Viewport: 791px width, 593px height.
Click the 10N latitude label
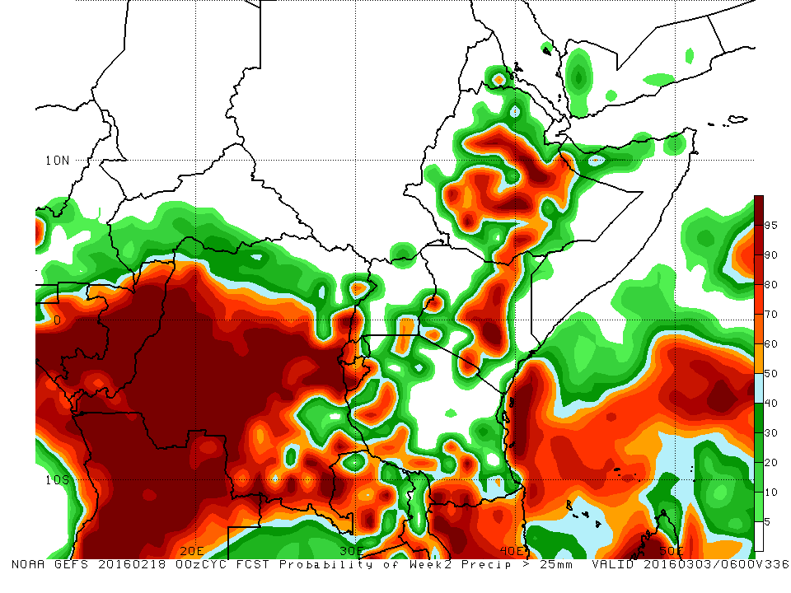[x=58, y=160]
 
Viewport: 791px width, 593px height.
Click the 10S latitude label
[x=57, y=479]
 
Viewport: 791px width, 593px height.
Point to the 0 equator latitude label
[x=57, y=320]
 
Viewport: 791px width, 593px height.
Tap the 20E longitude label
[x=193, y=550]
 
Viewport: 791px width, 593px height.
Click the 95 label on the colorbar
[x=771, y=224]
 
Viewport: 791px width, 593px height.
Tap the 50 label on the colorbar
[x=771, y=374]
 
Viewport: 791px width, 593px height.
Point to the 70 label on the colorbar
[x=771, y=315]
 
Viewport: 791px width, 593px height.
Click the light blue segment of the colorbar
[x=759, y=388]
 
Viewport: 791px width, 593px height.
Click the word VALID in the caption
[x=615, y=565]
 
